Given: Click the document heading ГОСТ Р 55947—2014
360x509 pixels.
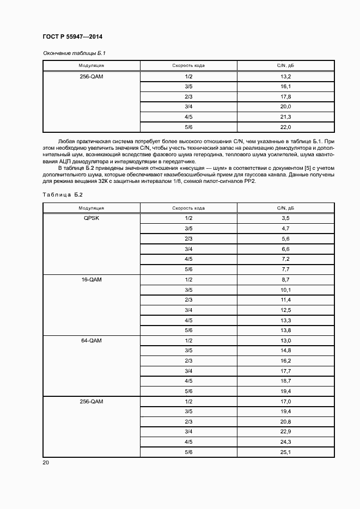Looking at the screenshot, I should [x=72, y=36].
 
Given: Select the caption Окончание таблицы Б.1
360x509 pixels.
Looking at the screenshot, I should [x=70, y=53].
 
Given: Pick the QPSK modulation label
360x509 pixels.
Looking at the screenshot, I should [x=91, y=218].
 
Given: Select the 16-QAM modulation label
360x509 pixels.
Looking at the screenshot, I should [x=91, y=279].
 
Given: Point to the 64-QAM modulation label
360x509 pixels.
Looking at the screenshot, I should [x=91, y=340].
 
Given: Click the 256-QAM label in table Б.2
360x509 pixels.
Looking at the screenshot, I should [x=91, y=402].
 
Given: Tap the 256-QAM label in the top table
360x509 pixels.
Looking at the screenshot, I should [x=91, y=76].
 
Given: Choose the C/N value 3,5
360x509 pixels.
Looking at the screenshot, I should [x=285, y=218].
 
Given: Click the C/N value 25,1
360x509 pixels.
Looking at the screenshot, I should [x=285, y=453].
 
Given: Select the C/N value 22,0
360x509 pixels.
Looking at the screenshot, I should [x=285, y=127].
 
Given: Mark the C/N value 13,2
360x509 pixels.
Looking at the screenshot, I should [x=285, y=76].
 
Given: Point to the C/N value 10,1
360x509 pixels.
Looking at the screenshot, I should [x=285, y=290].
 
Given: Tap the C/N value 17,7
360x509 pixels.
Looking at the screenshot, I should [x=285, y=371].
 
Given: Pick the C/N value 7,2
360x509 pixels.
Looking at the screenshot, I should [x=285, y=259].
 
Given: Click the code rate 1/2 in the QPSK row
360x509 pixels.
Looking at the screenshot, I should [x=188, y=218].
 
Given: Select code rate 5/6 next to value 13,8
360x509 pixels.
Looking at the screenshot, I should [x=188, y=330].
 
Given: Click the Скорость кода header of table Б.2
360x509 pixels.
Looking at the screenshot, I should [x=188, y=208].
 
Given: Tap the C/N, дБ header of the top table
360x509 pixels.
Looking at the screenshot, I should [x=285, y=66].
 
